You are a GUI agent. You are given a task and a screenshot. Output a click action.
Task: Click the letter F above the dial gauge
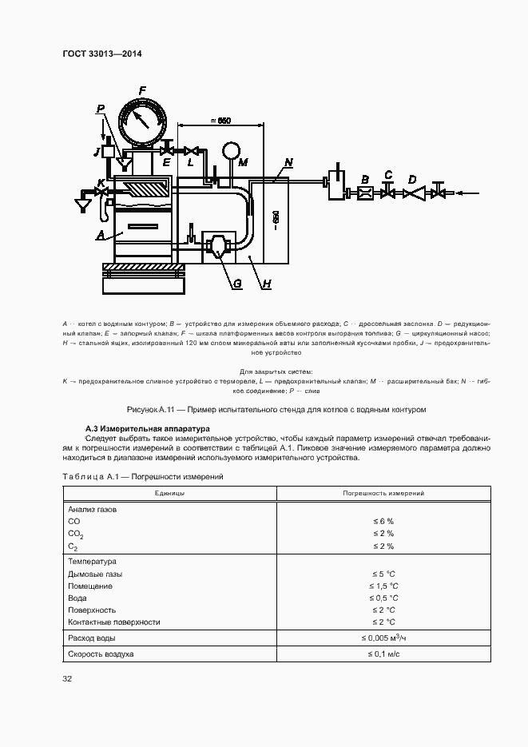tap(141, 90)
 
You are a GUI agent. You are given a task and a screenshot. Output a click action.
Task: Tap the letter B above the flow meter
tap(364, 180)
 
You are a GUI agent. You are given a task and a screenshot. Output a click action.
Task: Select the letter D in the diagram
tap(412, 179)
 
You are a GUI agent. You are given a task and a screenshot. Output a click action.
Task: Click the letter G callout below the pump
tap(237, 283)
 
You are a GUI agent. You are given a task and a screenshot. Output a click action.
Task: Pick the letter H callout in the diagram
tap(267, 284)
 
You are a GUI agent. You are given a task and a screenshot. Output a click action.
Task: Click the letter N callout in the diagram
tap(288, 164)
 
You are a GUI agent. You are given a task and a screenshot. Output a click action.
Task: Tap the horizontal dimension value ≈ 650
tap(219, 121)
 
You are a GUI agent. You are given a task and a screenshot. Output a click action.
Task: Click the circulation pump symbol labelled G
tap(218, 244)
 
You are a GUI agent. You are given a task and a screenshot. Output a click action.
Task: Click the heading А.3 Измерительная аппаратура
tap(147, 428)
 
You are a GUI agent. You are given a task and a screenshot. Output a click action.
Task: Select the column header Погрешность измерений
tap(383, 494)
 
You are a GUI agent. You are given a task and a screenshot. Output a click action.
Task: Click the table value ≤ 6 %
tap(383, 521)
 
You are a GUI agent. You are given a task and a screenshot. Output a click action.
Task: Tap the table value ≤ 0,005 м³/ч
tap(383, 638)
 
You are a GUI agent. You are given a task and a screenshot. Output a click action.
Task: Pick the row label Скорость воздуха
tap(101, 654)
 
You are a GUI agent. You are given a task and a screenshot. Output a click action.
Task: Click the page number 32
tap(67, 679)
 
